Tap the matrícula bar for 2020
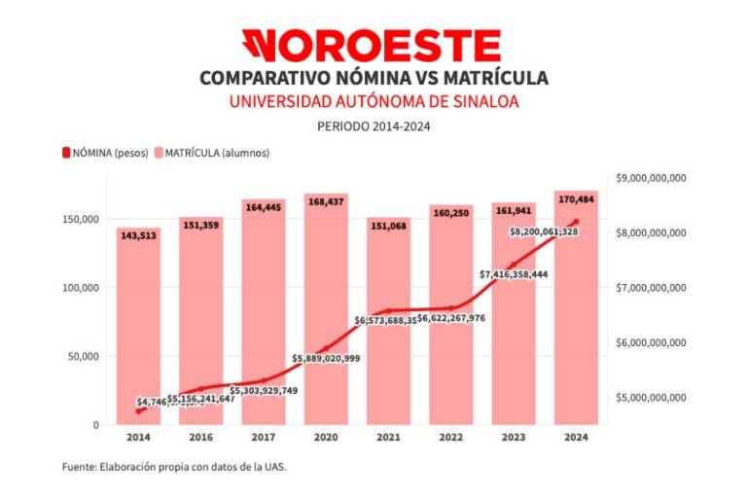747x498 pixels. click(326, 292)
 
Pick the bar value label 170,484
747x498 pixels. click(576, 199)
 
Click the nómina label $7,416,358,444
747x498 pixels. click(514, 274)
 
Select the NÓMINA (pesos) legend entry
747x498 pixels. click(105, 153)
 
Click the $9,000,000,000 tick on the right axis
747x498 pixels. click(652, 178)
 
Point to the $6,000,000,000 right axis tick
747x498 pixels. click(652, 343)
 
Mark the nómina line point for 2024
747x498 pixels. click(576, 223)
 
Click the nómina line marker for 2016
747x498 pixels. click(201, 389)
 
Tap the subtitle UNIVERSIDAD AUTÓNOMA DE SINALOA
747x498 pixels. click(373, 101)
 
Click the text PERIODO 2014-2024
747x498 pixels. click(373, 125)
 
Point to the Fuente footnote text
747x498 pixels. click(174, 467)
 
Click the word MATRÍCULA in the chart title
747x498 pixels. click(491, 78)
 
